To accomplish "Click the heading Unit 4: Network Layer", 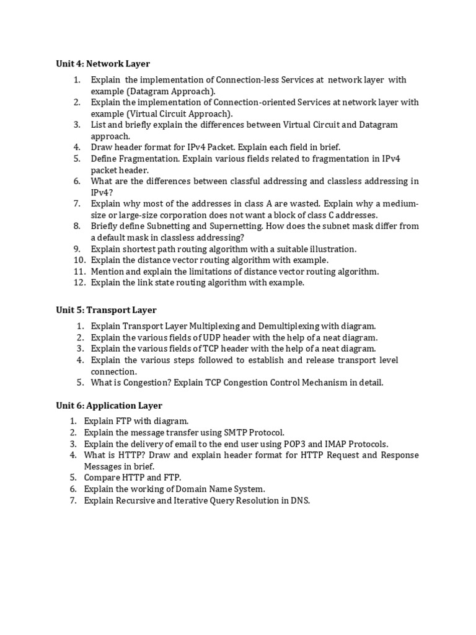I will [103, 64].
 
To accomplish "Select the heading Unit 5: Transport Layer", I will [106, 310].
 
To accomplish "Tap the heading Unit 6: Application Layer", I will [109, 406].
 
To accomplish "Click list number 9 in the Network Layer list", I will [77, 249].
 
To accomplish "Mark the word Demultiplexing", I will [299, 326].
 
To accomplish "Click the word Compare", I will [101, 477].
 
